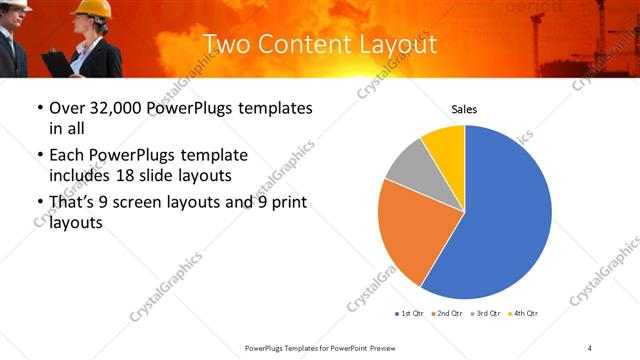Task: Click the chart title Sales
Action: pyautogui.click(x=464, y=109)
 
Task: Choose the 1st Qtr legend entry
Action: pyautogui.click(x=409, y=314)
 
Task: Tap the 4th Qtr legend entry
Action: pyautogui.click(x=523, y=314)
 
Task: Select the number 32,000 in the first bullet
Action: pyautogui.click(x=116, y=108)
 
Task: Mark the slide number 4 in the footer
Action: pyautogui.click(x=590, y=347)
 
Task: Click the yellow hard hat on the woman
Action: pyautogui.click(x=94, y=8)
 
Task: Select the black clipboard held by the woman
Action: pyautogui.click(x=57, y=62)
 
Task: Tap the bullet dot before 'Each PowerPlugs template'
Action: pyautogui.click(x=39, y=157)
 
